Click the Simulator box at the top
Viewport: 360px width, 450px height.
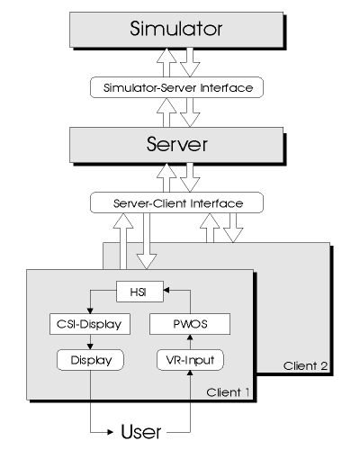(x=176, y=30)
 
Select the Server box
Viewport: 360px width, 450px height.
(x=176, y=145)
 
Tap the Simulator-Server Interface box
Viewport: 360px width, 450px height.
(x=176, y=87)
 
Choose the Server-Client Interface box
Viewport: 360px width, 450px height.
(x=176, y=202)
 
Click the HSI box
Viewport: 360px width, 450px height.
(x=139, y=292)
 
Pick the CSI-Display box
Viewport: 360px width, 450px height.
(x=90, y=324)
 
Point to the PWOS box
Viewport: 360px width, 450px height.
(x=190, y=324)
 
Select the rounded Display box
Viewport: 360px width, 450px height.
(x=90, y=360)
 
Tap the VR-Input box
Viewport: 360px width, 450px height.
(x=190, y=360)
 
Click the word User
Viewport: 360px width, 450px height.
(x=141, y=432)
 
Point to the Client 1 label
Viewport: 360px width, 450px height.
(x=228, y=392)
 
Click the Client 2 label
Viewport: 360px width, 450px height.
(x=305, y=365)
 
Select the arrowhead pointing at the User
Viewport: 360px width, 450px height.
(x=110, y=432)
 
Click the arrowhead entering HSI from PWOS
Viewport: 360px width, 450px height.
(x=166, y=290)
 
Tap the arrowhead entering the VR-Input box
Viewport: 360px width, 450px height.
(x=190, y=373)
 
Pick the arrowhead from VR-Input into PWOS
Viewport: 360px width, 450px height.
(x=190, y=337)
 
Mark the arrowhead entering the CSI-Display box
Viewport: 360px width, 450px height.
(x=90, y=310)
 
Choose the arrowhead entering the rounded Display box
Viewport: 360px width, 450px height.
(x=90, y=346)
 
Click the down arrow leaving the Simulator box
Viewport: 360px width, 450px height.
(x=190, y=62)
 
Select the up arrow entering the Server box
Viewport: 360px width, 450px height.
(x=166, y=177)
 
